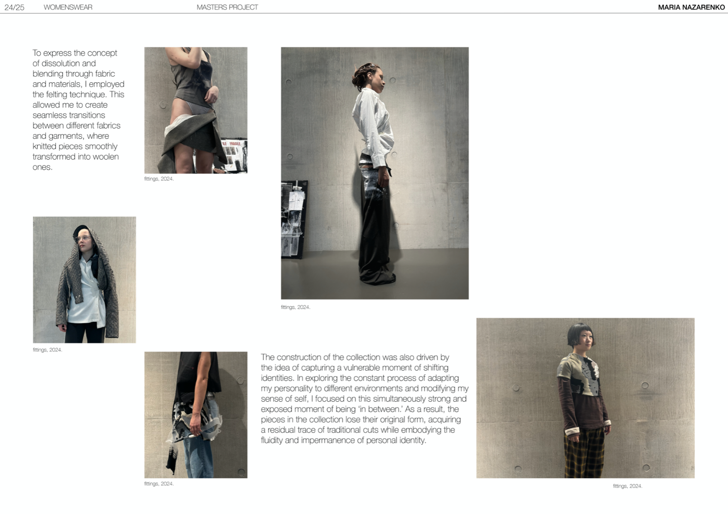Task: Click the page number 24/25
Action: pos(14,7)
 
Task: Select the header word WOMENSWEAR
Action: pos(68,7)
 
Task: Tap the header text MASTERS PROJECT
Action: pos(227,7)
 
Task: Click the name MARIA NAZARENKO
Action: pos(691,7)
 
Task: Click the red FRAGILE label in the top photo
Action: pos(235,144)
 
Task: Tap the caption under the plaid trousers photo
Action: pos(627,486)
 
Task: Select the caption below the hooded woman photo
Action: pos(48,350)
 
